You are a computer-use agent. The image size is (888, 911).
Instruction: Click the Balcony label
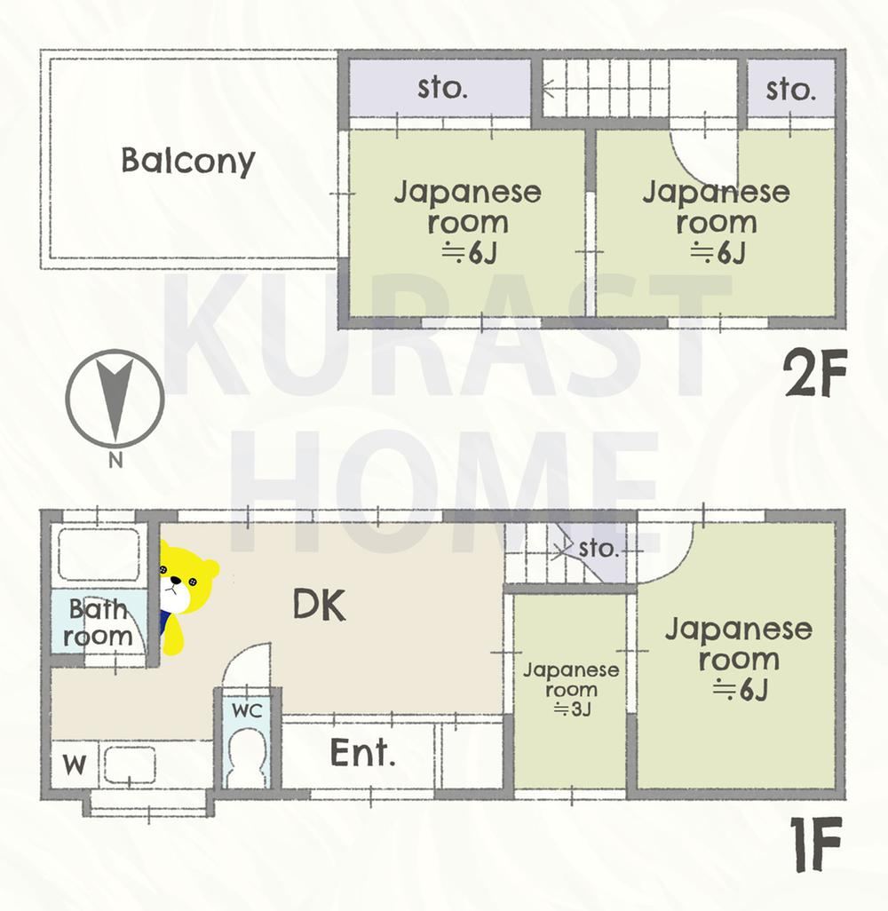(x=187, y=161)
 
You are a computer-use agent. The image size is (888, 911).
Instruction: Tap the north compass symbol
(x=115, y=400)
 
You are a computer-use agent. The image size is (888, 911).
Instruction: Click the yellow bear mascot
(x=185, y=596)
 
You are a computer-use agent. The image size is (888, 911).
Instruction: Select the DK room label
(x=319, y=605)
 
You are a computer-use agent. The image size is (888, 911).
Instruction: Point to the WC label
(x=247, y=710)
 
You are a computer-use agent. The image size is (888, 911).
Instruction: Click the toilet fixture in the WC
(x=247, y=758)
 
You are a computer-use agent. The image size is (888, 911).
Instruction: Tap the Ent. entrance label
(x=362, y=752)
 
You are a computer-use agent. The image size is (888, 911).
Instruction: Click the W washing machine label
(x=75, y=764)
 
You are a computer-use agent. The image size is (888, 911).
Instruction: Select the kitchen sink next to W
(x=129, y=764)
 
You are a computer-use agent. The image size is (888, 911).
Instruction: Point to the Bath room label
(x=98, y=622)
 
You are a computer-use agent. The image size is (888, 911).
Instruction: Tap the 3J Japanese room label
(x=571, y=689)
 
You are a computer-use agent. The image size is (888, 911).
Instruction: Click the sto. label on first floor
(x=599, y=548)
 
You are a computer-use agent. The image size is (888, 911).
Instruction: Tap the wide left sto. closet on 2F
(x=440, y=88)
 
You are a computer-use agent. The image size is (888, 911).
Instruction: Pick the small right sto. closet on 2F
(x=791, y=88)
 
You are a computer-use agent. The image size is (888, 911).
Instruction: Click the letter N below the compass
(x=115, y=460)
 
